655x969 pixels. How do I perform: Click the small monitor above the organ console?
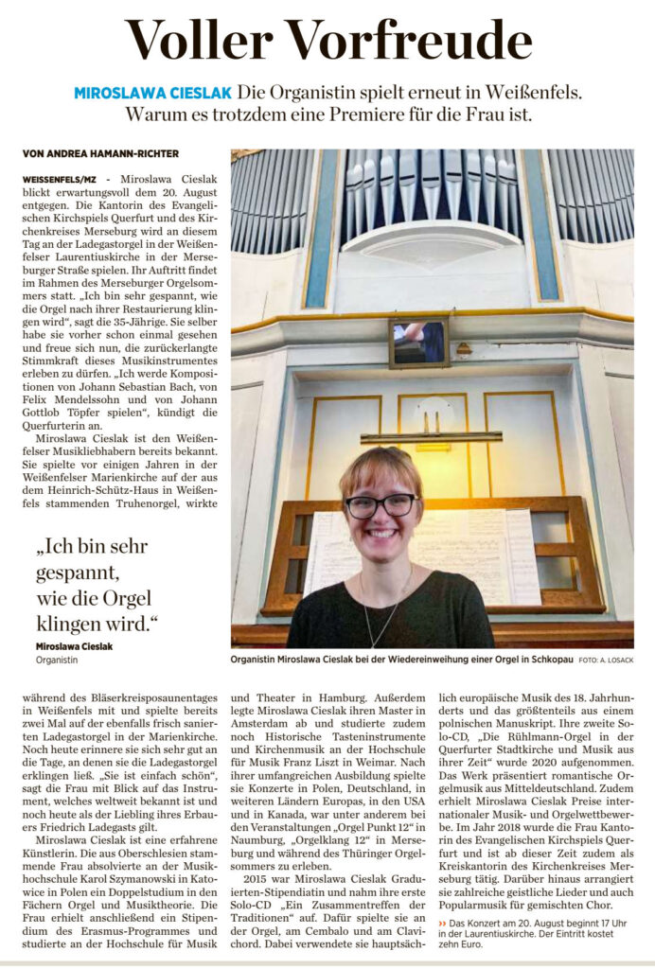pyautogui.click(x=417, y=342)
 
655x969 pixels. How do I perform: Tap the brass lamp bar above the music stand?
pyautogui.click(x=430, y=437)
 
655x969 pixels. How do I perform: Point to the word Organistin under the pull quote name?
pyautogui.click(x=58, y=659)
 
